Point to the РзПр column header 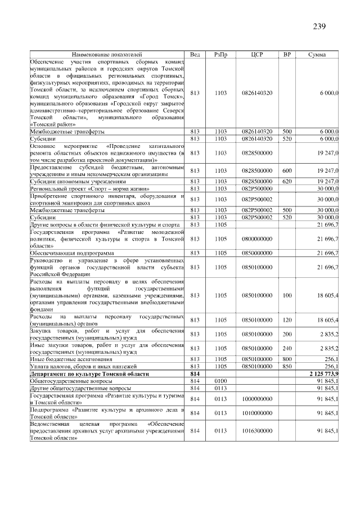pos(220,55)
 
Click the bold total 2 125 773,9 pos(323,374)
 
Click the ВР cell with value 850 pos(287,367)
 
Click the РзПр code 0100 pos(220,381)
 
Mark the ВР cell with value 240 pos(287,349)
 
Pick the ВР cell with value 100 pos(287,295)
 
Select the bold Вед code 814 pos(195,374)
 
